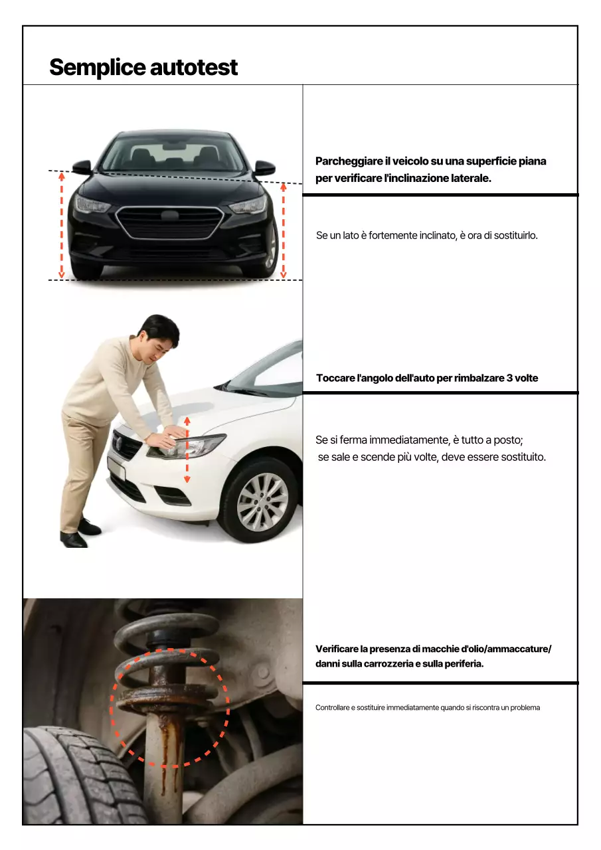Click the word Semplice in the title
tap(97, 67)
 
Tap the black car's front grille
tap(170, 222)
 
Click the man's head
tap(159, 336)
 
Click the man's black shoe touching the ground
tap(73, 539)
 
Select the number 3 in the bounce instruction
tap(509, 378)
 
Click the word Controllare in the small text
tap(331, 708)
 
